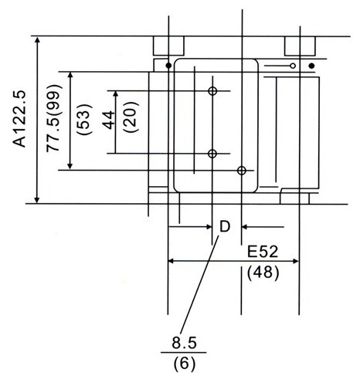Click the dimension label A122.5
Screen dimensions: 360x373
point(20,119)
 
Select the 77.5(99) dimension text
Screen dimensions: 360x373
point(53,118)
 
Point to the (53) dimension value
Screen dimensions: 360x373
point(84,119)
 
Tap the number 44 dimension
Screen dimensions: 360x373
point(108,120)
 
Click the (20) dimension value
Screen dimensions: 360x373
point(131,117)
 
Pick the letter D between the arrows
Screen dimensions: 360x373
point(225,227)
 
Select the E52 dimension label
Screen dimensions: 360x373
point(263,252)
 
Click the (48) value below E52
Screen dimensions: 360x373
point(263,273)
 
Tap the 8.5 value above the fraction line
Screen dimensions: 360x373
point(184,343)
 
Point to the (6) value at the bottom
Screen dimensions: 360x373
point(185,364)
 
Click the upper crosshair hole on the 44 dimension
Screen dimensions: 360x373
point(212,90)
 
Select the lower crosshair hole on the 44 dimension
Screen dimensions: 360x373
point(212,154)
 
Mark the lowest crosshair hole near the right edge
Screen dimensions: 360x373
point(242,170)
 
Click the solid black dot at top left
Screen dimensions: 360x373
point(168,66)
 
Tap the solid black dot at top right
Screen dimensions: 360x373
point(311,66)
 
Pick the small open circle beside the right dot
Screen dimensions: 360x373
point(293,66)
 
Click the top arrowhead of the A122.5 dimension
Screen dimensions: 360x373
point(38,41)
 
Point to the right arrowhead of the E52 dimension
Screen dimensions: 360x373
point(295,261)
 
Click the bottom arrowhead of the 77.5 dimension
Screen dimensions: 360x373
point(70,165)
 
